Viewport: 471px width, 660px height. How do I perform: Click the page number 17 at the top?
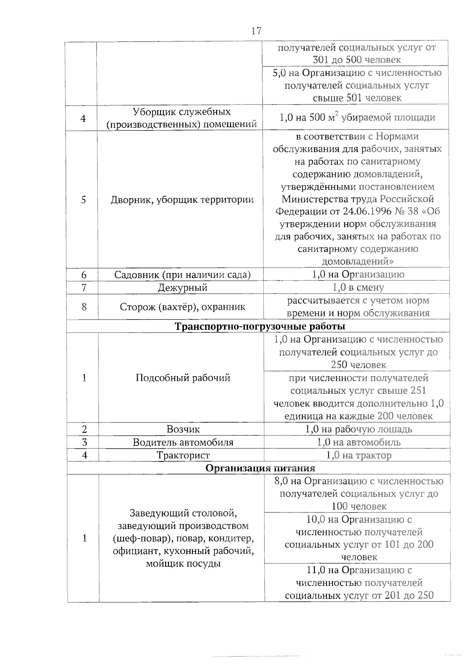tap(256, 31)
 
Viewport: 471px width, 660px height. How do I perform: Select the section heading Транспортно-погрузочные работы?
tap(260, 326)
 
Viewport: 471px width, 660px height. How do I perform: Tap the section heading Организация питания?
tap(260, 468)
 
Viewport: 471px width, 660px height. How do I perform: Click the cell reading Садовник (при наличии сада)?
tap(182, 274)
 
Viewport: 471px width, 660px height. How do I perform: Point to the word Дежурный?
tap(182, 287)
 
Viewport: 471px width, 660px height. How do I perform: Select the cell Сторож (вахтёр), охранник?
tap(182, 307)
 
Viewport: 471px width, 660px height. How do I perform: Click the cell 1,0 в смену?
tap(358, 287)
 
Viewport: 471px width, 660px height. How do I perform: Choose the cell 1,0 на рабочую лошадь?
tap(358, 429)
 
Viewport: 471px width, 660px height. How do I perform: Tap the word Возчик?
tap(183, 429)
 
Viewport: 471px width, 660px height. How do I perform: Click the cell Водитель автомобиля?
tap(183, 442)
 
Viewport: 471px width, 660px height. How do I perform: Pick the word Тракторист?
tap(183, 455)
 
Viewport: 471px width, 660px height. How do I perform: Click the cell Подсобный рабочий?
tap(183, 378)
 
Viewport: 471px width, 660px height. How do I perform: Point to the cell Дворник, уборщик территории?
tap(182, 199)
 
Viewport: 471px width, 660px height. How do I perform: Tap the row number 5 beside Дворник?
tap(83, 199)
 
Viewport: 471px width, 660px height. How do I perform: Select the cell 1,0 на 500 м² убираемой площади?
tap(357, 117)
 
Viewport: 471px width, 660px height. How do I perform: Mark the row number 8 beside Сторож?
tap(84, 307)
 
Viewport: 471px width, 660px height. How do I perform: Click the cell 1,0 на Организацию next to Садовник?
tap(358, 274)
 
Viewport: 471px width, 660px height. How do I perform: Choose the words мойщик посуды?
tap(183, 564)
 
